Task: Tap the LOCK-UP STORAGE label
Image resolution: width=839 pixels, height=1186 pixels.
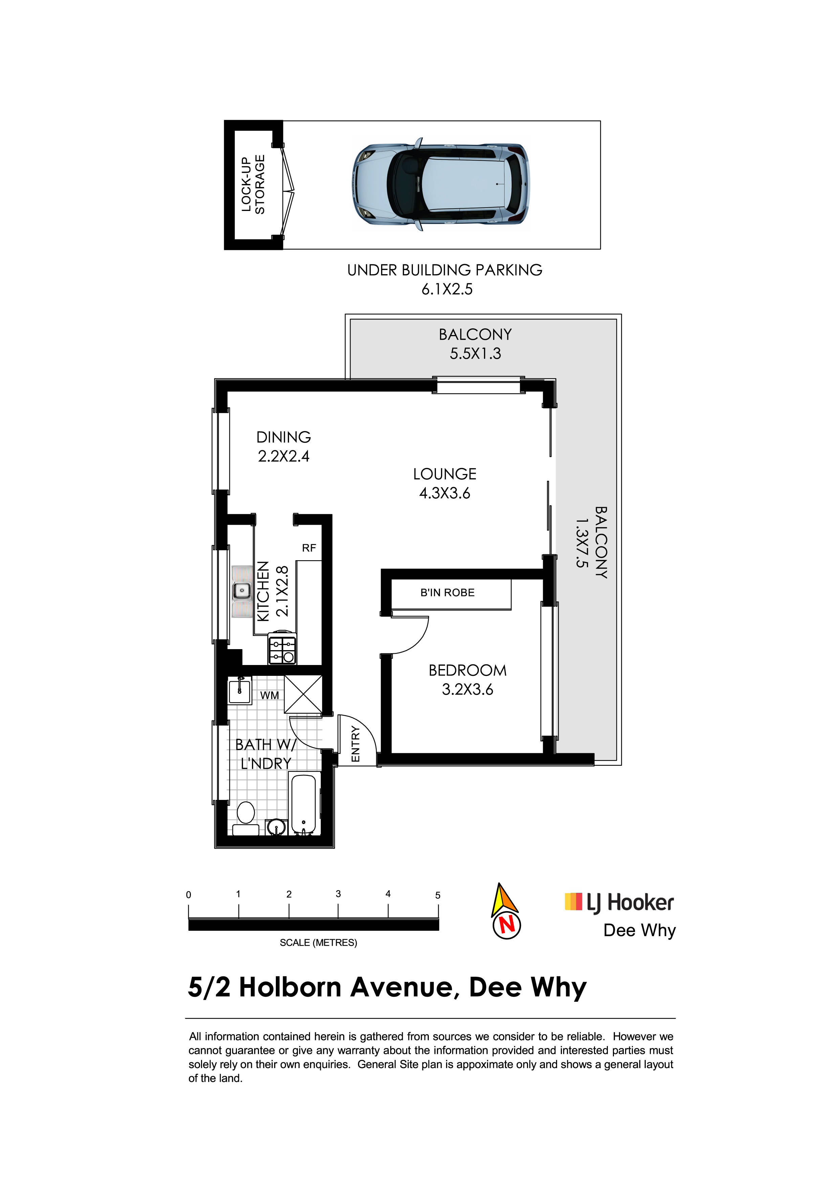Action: point(253,184)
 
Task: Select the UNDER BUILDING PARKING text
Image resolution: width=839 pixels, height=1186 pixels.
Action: point(445,270)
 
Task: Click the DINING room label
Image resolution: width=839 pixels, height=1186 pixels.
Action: point(284,437)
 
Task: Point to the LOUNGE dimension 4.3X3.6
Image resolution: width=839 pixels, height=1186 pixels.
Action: point(445,493)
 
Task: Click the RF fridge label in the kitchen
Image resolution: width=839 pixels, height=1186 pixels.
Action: point(309,548)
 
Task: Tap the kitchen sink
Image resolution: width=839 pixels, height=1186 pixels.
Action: point(241,591)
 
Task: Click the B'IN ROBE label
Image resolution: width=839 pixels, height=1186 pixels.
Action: point(447,592)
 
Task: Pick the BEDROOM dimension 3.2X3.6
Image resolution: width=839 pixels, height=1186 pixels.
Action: point(467,690)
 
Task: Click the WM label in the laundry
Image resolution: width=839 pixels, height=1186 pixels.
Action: point(269,695)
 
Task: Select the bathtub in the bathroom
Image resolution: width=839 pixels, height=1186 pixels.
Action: point(304,804)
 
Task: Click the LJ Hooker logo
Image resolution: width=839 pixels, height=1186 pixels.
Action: point(619,902)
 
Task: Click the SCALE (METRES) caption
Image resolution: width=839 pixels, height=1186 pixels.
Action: point(318,943)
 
